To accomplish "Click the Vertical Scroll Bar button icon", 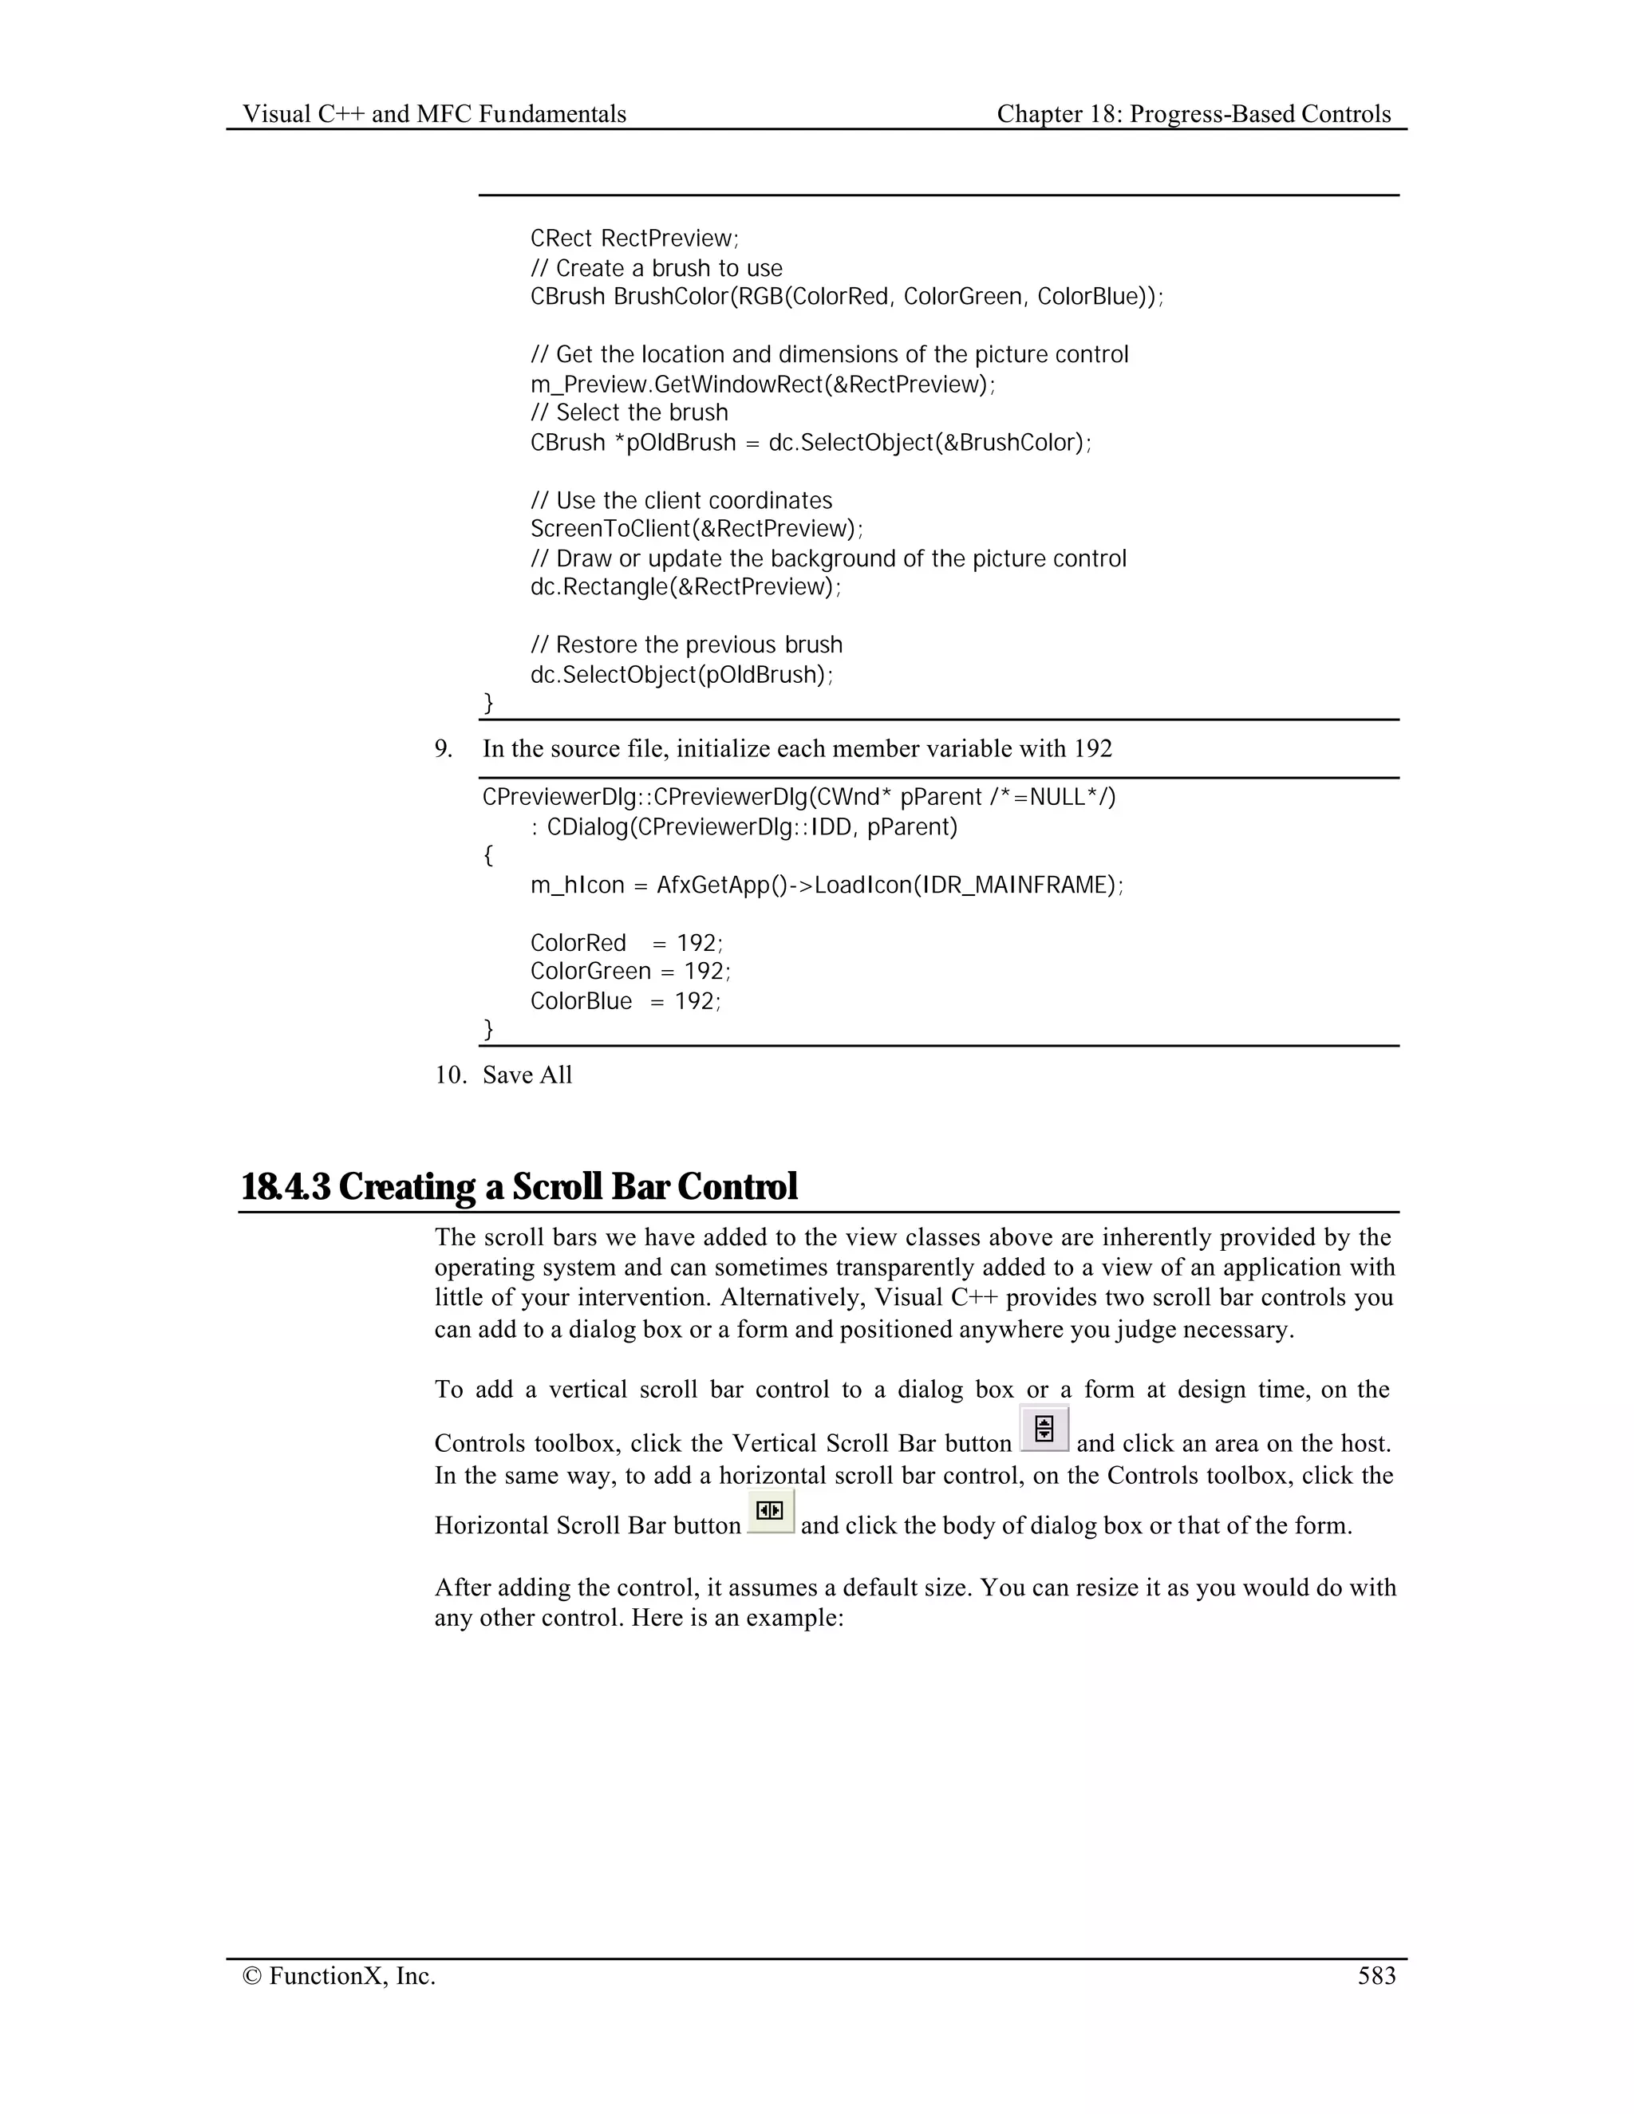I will click(1044, 1429).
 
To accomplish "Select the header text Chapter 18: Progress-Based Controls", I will click(1193, 114).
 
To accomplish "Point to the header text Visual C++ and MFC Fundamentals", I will click(434, 114).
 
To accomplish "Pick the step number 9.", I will click(444, 748).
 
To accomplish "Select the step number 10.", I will click(450, 1075).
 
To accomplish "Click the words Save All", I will click(527, 1075).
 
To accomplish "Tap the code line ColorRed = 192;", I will click(626, 943).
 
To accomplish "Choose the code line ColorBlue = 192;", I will click(626, 1001).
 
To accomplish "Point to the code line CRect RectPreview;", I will click(634, 238).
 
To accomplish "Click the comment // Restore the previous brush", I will click(686, 645).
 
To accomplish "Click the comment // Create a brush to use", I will click(657, 268).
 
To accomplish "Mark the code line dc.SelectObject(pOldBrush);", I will click(681, 674).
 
